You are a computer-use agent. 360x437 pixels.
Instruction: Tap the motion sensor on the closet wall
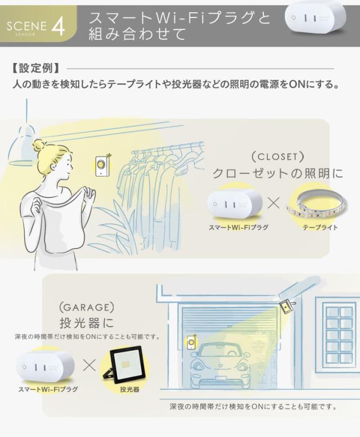[x=102, y=165]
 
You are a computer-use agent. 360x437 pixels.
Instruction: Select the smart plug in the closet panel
[x=234, y=205]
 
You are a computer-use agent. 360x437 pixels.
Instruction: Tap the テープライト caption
[x=319, y=228]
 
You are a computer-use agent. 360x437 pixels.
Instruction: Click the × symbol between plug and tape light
[x=274, y=202]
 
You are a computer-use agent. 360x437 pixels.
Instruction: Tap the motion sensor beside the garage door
[x=191, y=341]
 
